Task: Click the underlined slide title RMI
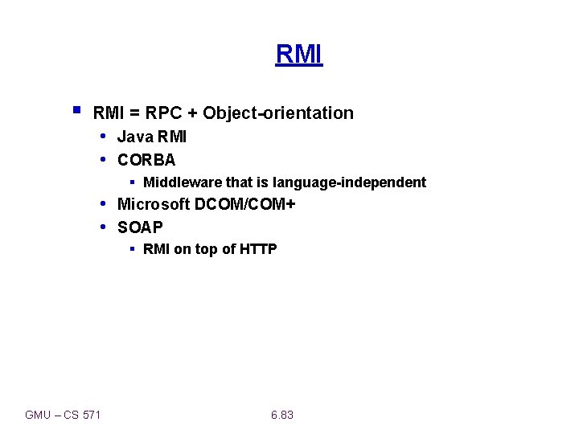(298, 54)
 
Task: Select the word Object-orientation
(278, 113)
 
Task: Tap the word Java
(134, 137)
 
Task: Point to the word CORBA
(146, 159)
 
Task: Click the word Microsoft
(154, 204)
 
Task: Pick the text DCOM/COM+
(245, 204)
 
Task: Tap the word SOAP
(140, 227)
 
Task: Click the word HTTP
(258, 249)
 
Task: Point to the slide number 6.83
(282, 415)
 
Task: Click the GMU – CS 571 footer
(63, 415)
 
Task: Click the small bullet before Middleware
(133, 182)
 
